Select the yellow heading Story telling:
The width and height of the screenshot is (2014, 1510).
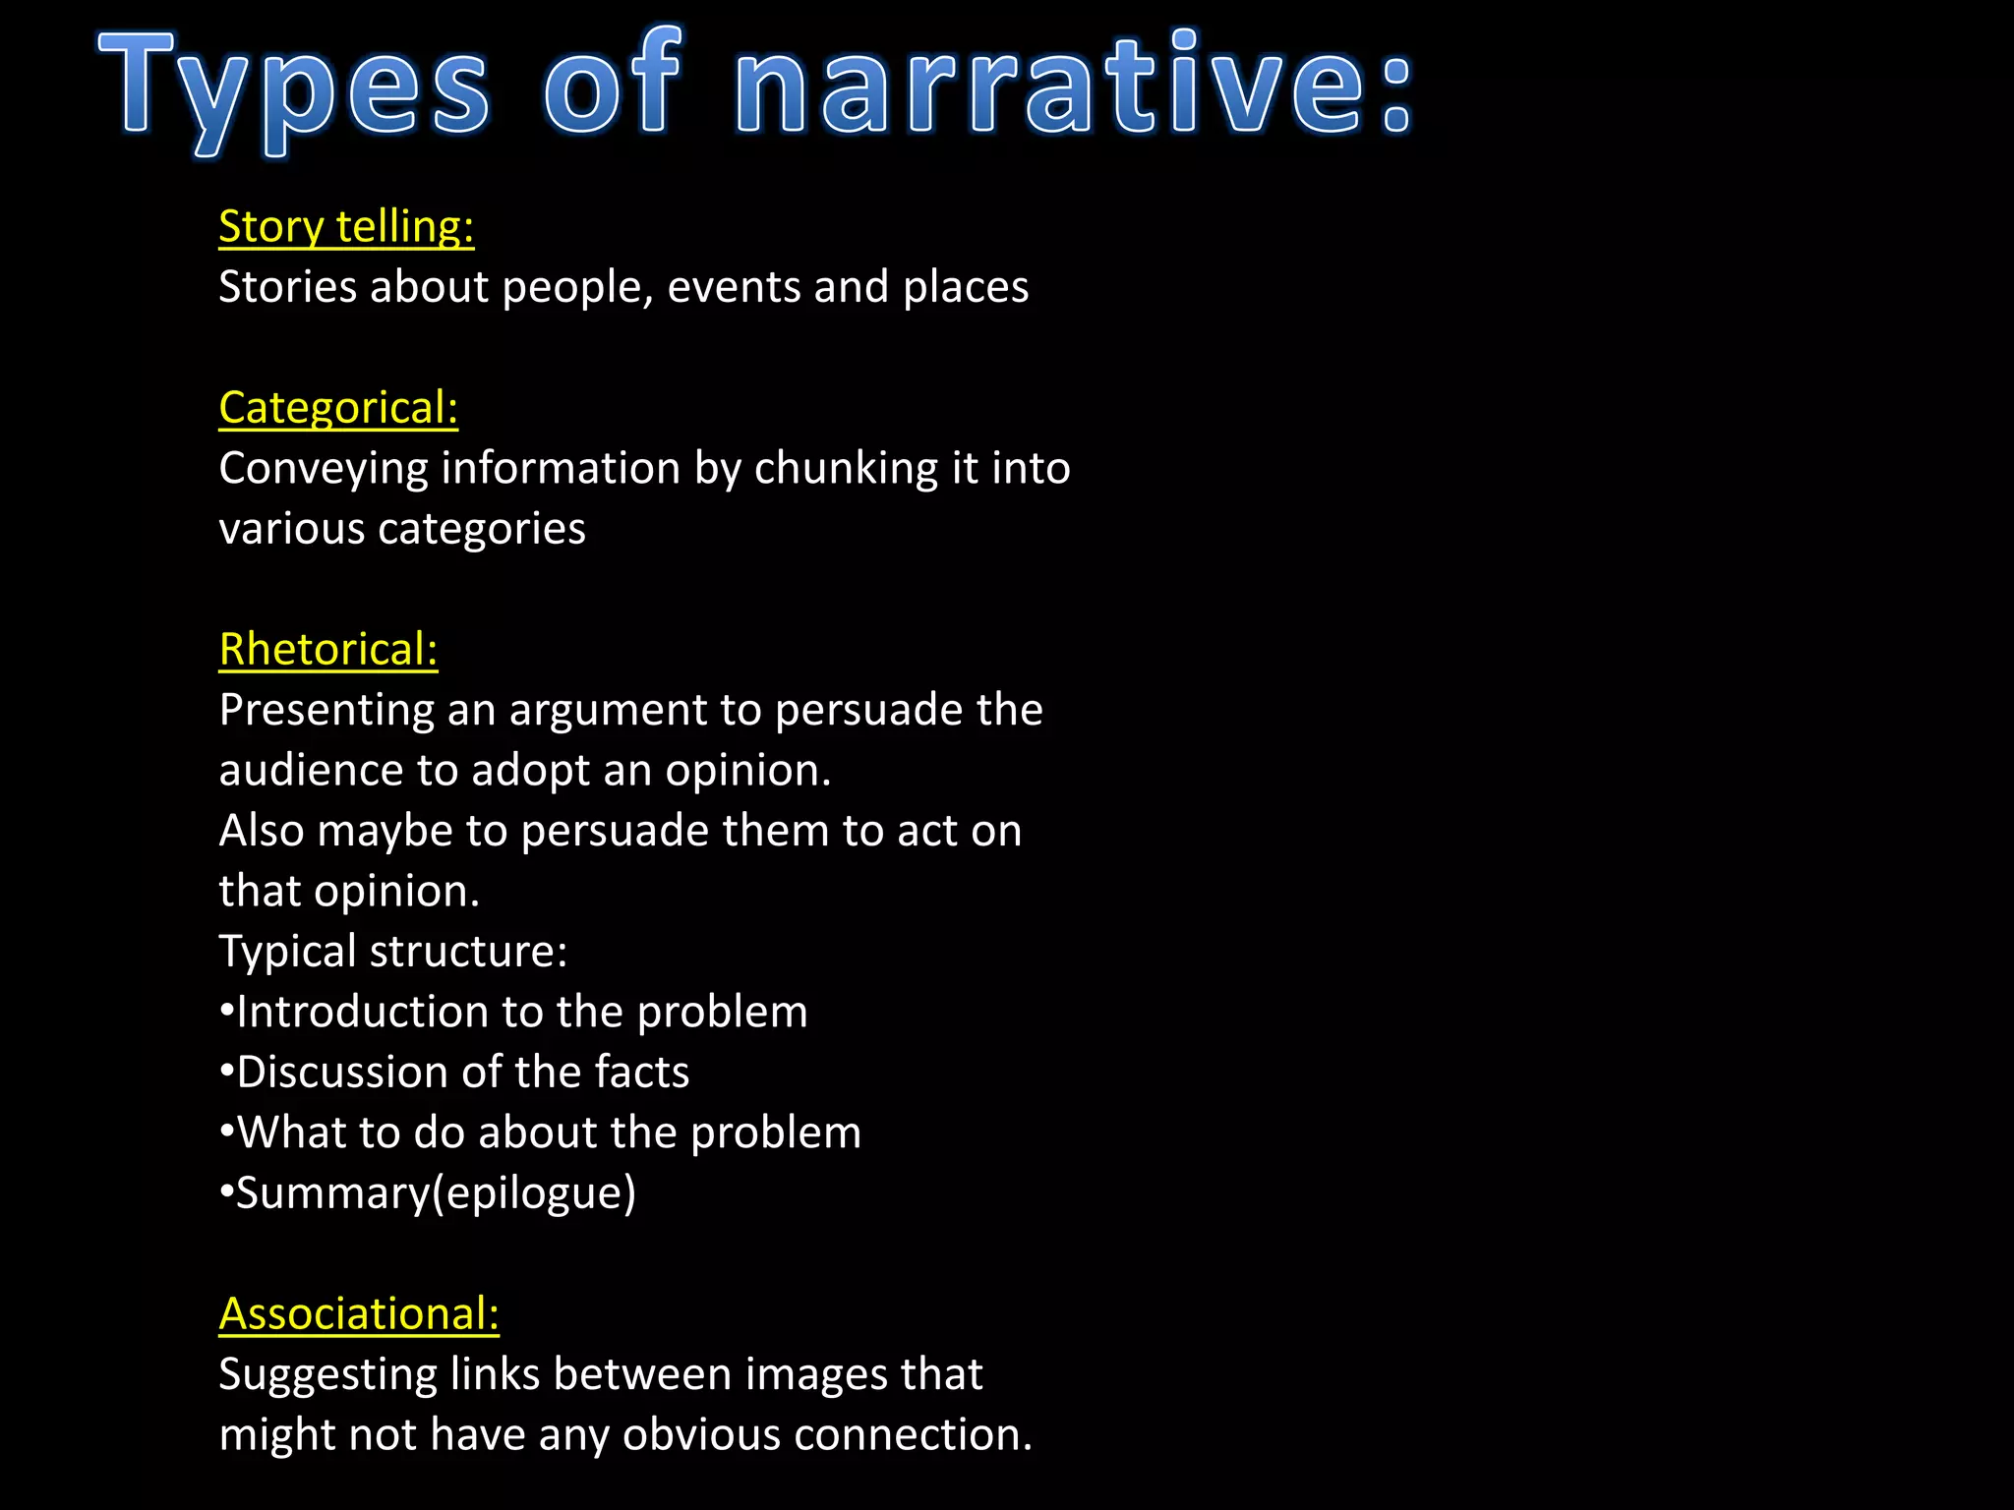(x=346, y=227)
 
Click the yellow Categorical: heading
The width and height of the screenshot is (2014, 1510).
(x=338, y=408)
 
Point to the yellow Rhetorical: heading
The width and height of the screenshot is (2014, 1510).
(x=328, y=650)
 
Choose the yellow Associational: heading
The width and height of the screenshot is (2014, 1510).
(x=359, y=1314)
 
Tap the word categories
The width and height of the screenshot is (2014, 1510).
(x=482, y=530)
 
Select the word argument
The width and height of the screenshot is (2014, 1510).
(x=609, y=711)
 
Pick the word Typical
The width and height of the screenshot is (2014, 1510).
(x=287, y=953)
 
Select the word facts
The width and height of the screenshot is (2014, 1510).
(x=642, y=1073)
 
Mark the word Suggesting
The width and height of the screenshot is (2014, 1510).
(x=327, y=1375)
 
